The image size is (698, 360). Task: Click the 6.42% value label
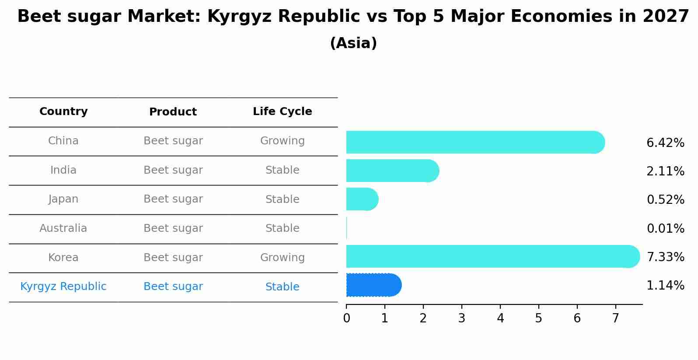click(665, 143)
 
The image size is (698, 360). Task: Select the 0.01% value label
click(665, 228)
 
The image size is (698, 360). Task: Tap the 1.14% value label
click(665, 286)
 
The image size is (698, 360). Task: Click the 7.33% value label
click(665, 257)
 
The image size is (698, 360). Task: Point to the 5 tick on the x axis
click(538, 318)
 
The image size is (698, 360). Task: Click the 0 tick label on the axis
click(346, 318)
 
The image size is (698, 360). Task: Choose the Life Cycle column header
click(282, 112)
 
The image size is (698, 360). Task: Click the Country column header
click(63, 112)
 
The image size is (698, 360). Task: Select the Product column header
click(173, 112)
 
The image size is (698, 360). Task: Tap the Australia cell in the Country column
click(63, 228)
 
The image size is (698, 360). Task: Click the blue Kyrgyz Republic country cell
click(63, 287)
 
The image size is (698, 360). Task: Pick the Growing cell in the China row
click(282, 141)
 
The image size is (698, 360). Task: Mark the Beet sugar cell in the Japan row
click(173, 199)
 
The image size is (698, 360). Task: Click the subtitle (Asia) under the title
click(353, 43)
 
